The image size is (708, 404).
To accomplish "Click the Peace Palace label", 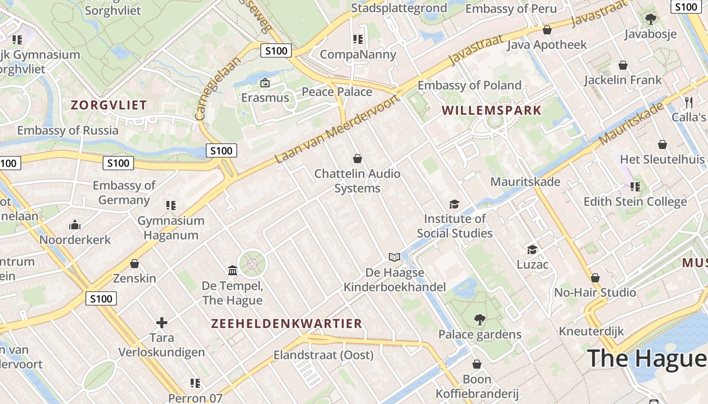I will [337, 92].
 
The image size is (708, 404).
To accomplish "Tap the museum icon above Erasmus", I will [265, 83].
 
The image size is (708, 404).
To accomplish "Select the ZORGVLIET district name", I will [109, 105].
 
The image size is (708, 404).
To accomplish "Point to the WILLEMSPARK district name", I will [491, 110].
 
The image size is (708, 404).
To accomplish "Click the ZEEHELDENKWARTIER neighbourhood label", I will [286, 324].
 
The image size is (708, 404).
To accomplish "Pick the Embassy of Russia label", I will [68, 130].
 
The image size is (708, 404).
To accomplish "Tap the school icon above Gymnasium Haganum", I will [171, 206].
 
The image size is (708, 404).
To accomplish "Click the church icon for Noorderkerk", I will [75, 225].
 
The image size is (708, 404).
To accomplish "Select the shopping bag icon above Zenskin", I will [135, 264].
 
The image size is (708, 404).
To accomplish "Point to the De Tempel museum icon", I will [233, 271].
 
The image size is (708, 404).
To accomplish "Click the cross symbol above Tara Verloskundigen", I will [162, 322].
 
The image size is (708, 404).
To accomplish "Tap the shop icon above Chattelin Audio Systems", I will [358, 159].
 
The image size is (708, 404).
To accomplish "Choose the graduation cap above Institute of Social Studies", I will [454, 204].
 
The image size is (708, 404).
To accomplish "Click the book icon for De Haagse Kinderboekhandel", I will [394, 258].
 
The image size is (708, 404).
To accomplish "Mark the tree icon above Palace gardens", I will [479, 319].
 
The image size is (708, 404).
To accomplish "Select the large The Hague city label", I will [647, 358].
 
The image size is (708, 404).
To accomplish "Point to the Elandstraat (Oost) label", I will [324, 355].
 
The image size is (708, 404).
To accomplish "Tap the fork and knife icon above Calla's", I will [689, 102].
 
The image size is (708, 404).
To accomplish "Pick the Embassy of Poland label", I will [469, 85].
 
